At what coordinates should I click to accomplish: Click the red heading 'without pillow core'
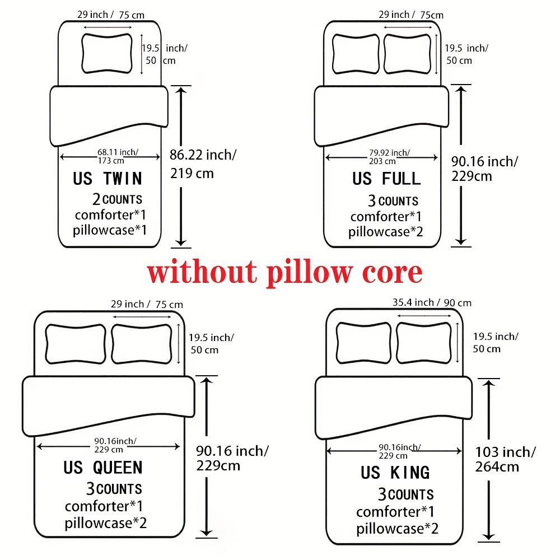[x=284, y=272]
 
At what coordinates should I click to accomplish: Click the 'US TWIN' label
[x=108, y=179]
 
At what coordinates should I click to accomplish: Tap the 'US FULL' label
[x=386, y=179]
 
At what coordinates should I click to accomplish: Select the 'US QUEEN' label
[x=103, y=468]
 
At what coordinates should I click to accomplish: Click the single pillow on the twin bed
[x=108, y=53]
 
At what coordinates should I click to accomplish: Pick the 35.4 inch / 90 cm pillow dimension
[x=431, y=303]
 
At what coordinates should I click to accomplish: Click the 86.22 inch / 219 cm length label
[x=203, y=164]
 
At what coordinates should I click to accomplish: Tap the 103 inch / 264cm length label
[x=505, y=459]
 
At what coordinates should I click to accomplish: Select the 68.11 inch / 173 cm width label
[x=118, y=156]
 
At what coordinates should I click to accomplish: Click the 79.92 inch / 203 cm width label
[x=389, y=156]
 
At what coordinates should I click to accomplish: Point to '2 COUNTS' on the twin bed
[x=117, y=199]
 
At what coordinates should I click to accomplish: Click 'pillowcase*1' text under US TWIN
[x=110, y=229]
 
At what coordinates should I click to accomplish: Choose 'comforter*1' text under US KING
[x=395, y=511]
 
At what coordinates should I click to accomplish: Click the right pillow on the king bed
[x=424, y=342]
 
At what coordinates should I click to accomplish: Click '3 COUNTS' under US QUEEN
[x=114, y=489]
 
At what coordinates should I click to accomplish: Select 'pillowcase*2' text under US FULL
[x=386, y=231]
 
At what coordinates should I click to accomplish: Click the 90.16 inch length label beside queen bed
[x=232, y=458]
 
